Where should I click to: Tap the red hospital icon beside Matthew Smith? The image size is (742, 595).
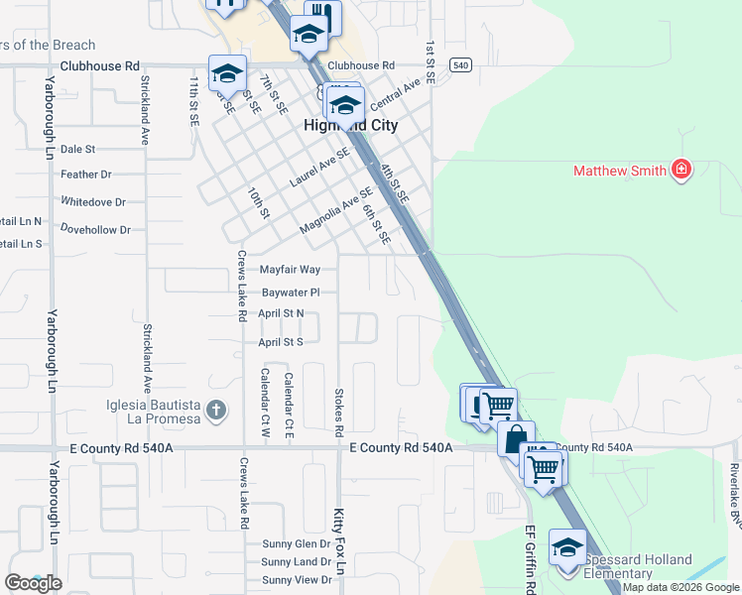pos(680,171)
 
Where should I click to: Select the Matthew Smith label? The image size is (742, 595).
pos(620,171)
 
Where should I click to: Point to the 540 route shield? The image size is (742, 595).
pos(459,64)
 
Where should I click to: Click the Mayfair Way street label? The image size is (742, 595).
pos(290,270)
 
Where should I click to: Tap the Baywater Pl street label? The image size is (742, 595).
pos(291,293)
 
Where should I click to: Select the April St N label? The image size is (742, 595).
pos(281,313)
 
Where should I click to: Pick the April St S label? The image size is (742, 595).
pos(280,342)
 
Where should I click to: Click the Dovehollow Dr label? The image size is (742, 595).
pos(95,230)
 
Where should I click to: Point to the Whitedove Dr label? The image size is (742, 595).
pos(93,202)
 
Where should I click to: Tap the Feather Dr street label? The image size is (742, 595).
pos(86,175)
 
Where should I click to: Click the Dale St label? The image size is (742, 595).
pos(77,149)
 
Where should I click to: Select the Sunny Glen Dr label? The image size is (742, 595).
pos(297,544)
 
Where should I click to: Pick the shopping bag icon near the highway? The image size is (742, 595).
pos(516,438)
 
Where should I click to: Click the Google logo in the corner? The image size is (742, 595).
pos(33,583)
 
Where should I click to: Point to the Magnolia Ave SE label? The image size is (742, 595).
pos(336,210)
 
